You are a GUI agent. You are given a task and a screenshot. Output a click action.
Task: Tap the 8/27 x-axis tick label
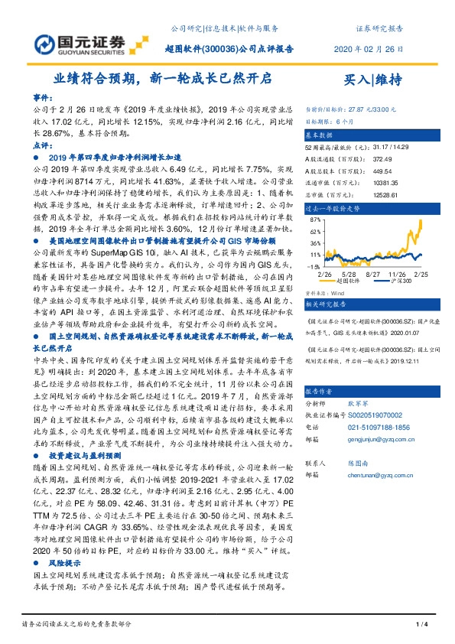click(x=374, y=274)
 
